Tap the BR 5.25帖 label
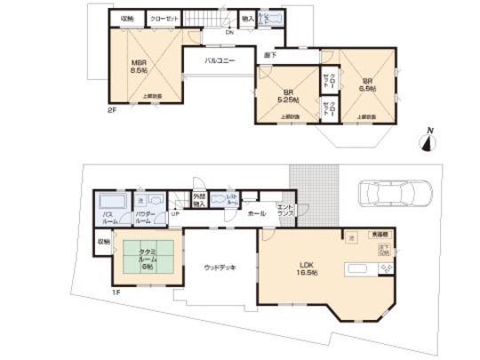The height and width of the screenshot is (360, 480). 288,95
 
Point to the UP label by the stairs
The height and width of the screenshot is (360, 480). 173,213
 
